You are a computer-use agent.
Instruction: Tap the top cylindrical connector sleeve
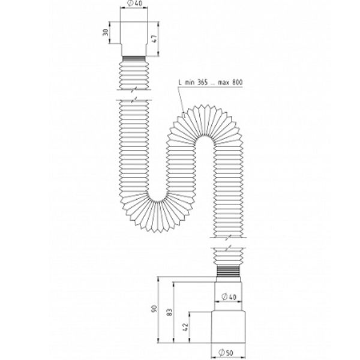click(x=137, y=37)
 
